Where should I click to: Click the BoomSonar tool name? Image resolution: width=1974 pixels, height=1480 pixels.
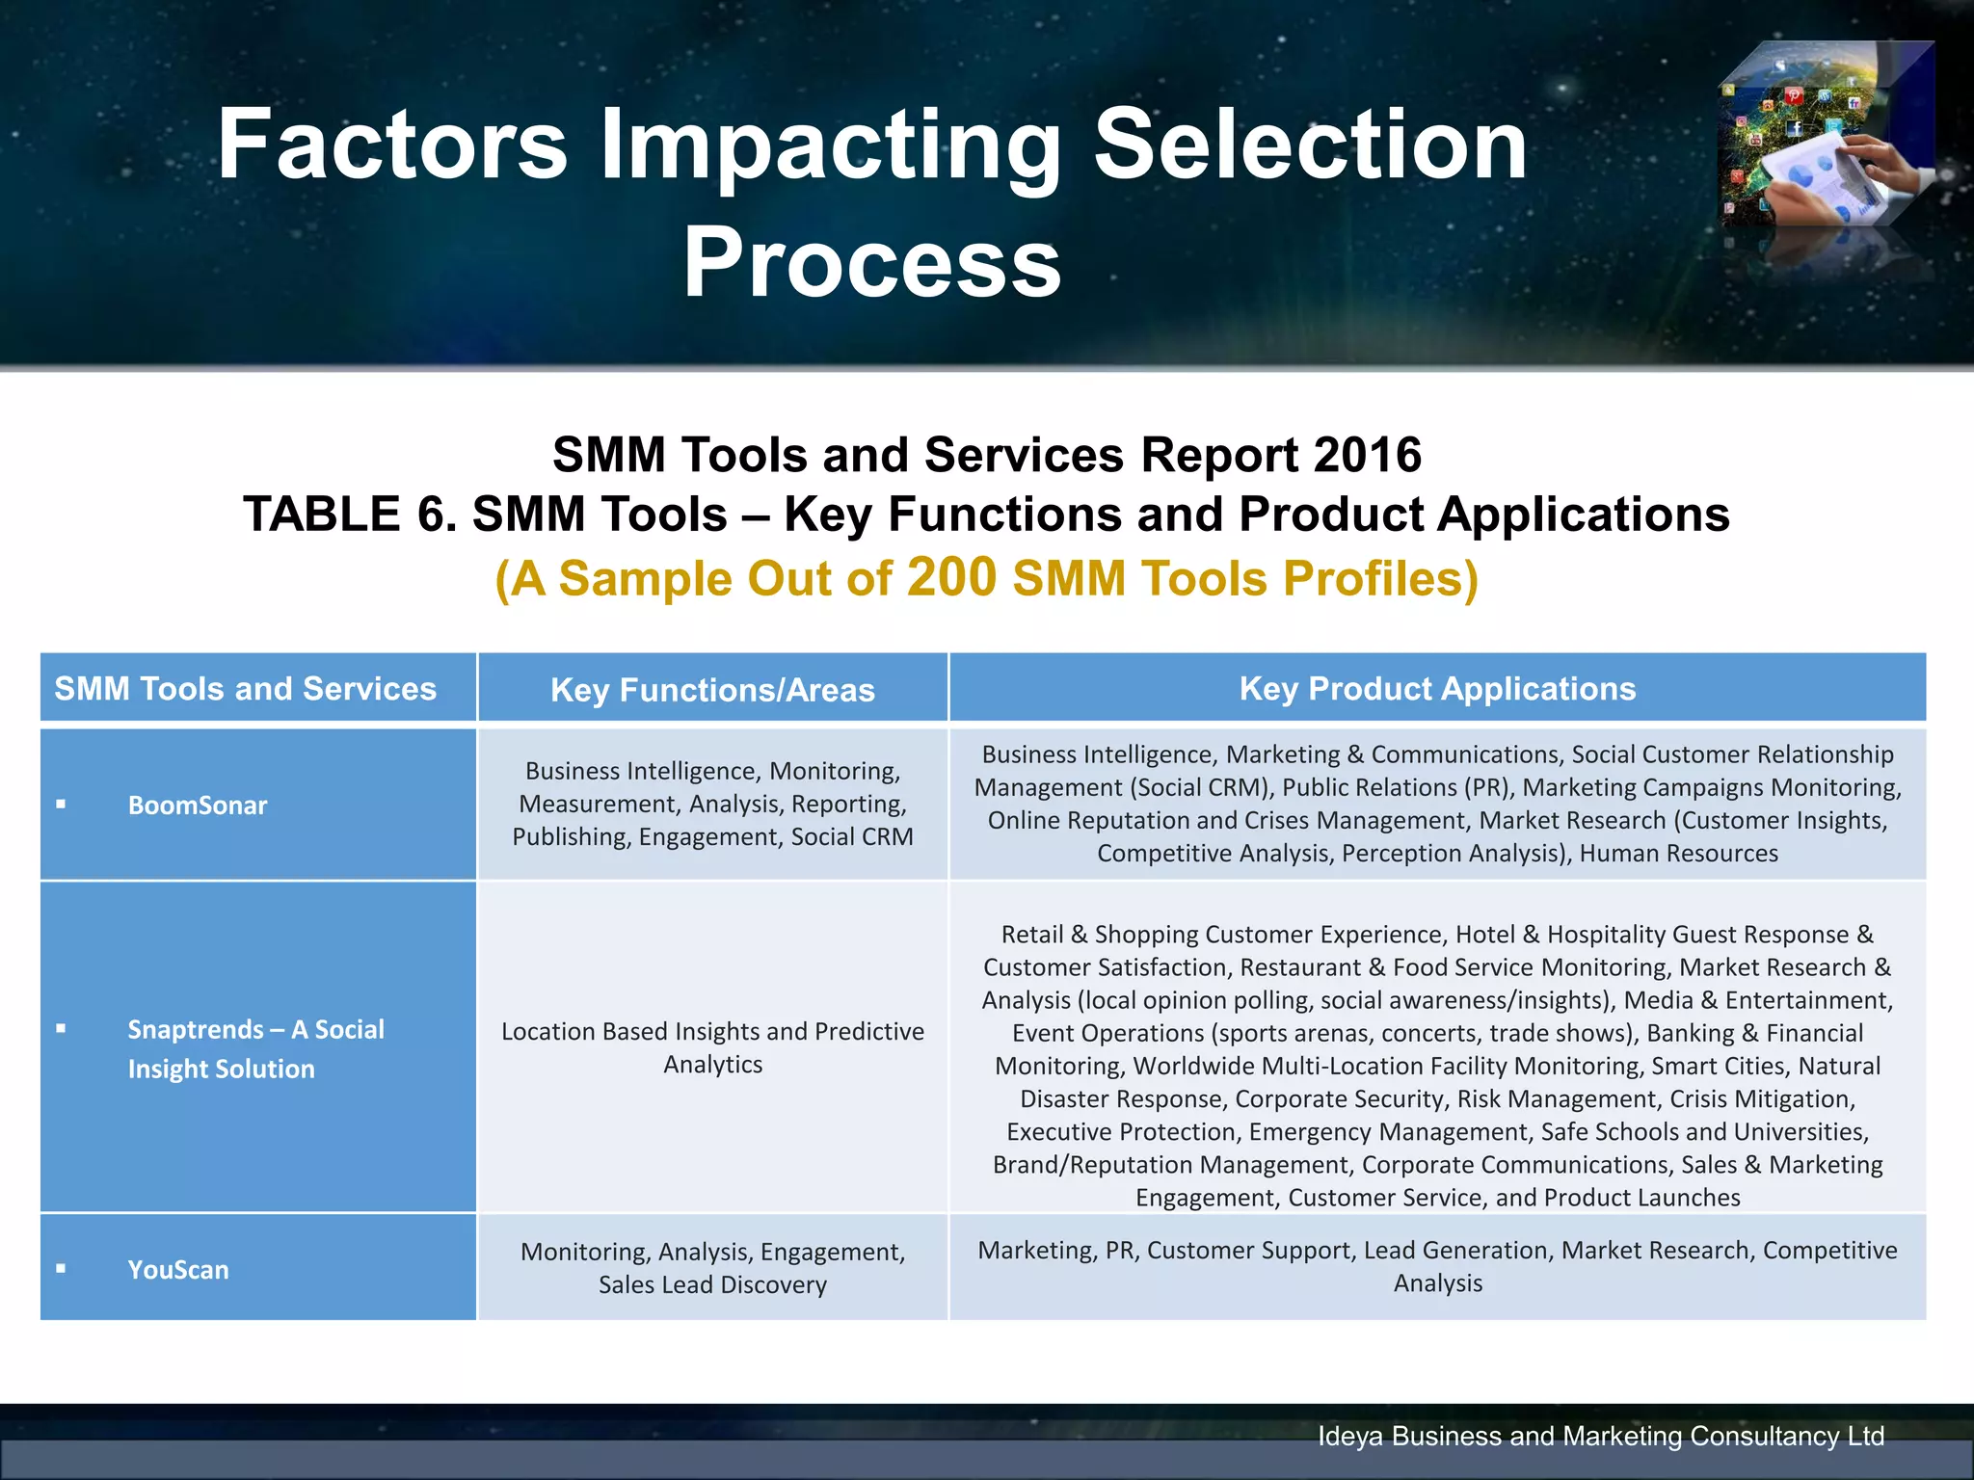197,806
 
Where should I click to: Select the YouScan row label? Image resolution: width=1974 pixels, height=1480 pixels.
178,1270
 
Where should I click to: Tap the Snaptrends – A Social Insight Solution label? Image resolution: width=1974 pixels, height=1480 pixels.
255,1049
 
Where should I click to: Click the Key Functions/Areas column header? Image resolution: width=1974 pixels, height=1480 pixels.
712,690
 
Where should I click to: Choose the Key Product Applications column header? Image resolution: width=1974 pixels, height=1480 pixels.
1437,689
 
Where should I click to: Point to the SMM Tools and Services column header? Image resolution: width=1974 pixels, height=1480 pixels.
245,689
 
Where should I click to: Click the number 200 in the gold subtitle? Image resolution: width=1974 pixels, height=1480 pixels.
951,577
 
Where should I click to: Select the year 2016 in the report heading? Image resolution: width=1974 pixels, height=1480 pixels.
1366,455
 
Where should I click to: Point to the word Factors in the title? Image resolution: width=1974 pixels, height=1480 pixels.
391,145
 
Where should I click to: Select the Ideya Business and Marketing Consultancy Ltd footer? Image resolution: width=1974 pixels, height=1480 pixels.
1600,1436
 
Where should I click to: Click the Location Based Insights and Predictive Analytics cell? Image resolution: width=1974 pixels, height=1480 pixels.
712,1047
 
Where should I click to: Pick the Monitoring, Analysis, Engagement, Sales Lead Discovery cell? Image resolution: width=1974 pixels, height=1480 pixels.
712,1268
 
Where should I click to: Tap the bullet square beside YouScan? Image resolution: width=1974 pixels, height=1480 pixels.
61,1269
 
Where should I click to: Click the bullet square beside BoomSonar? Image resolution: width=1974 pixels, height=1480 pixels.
61,804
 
